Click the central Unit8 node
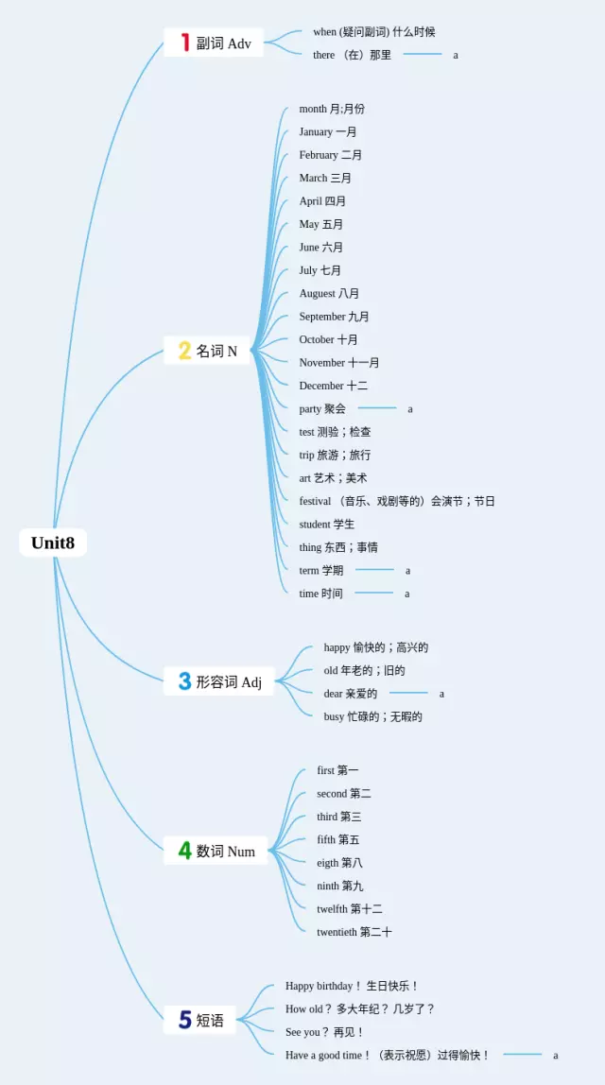[53, 542]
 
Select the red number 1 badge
[185, 43]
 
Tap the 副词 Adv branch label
[224, 43]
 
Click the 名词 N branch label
[216, 352]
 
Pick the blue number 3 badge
[184, 681]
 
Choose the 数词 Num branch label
[225, 852]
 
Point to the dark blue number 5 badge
[185, 1020]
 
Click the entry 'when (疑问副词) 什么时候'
[373, 32]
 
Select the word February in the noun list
[319, 155]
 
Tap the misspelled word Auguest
[317, 294]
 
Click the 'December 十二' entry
[334, 386]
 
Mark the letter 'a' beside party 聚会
[410, 409]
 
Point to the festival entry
[397, 501]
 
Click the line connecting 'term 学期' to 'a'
[374, 570]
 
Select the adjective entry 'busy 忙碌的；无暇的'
[372, 716]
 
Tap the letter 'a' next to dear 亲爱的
[441, 694]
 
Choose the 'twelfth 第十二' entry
[350, 909]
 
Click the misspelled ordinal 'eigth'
[326, 863]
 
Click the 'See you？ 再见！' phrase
[324, 1032]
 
